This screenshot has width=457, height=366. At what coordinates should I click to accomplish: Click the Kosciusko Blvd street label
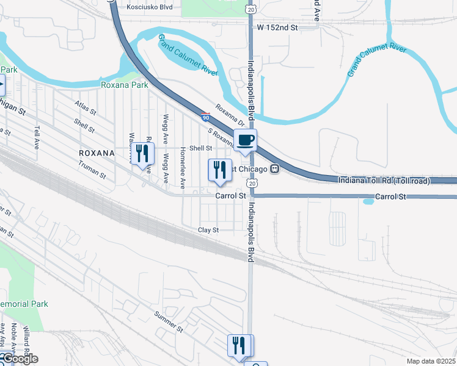click(x=150, y=7)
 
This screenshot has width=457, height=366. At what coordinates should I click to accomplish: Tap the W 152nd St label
click(x=277, y=27)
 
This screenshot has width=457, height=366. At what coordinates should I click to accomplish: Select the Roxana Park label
click(x=125, y=85)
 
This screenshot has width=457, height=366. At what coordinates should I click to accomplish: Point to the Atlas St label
click(x=85, y=108)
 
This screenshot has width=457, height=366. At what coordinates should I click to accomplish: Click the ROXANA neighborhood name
click(x=97, y=152)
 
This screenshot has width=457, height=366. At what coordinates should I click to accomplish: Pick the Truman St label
click(x=92, y=169)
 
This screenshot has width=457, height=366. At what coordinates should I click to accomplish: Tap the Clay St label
click(x=208, y=230)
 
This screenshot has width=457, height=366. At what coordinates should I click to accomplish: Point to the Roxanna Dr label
click(x=230, y=116)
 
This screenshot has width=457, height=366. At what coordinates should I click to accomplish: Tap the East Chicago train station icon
click(x=275, y=168)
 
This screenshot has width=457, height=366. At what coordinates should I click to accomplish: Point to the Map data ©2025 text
click(x=431, y=361)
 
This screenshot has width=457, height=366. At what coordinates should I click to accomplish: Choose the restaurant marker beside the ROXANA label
click(x=142, y=154)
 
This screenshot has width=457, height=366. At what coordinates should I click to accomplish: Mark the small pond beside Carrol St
click(x=368, y=201)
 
